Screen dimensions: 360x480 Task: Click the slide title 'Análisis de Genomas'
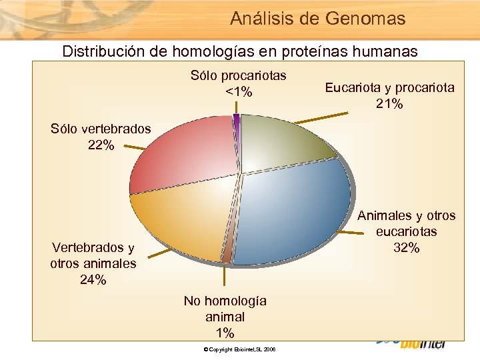[317, 19]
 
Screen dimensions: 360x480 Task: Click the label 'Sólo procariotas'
[239, 75]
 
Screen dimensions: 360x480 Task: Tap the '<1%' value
[239, 92]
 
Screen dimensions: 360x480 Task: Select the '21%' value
[389, 103]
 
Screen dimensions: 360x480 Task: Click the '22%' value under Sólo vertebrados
[101, 145]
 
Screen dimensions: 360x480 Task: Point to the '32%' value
[406, 248]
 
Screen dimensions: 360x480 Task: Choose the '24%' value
[93, 280]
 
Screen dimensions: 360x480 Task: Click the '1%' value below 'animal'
[225, 333]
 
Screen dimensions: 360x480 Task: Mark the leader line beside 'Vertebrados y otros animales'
[159, 253]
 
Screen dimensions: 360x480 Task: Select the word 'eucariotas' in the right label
[406, 231]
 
